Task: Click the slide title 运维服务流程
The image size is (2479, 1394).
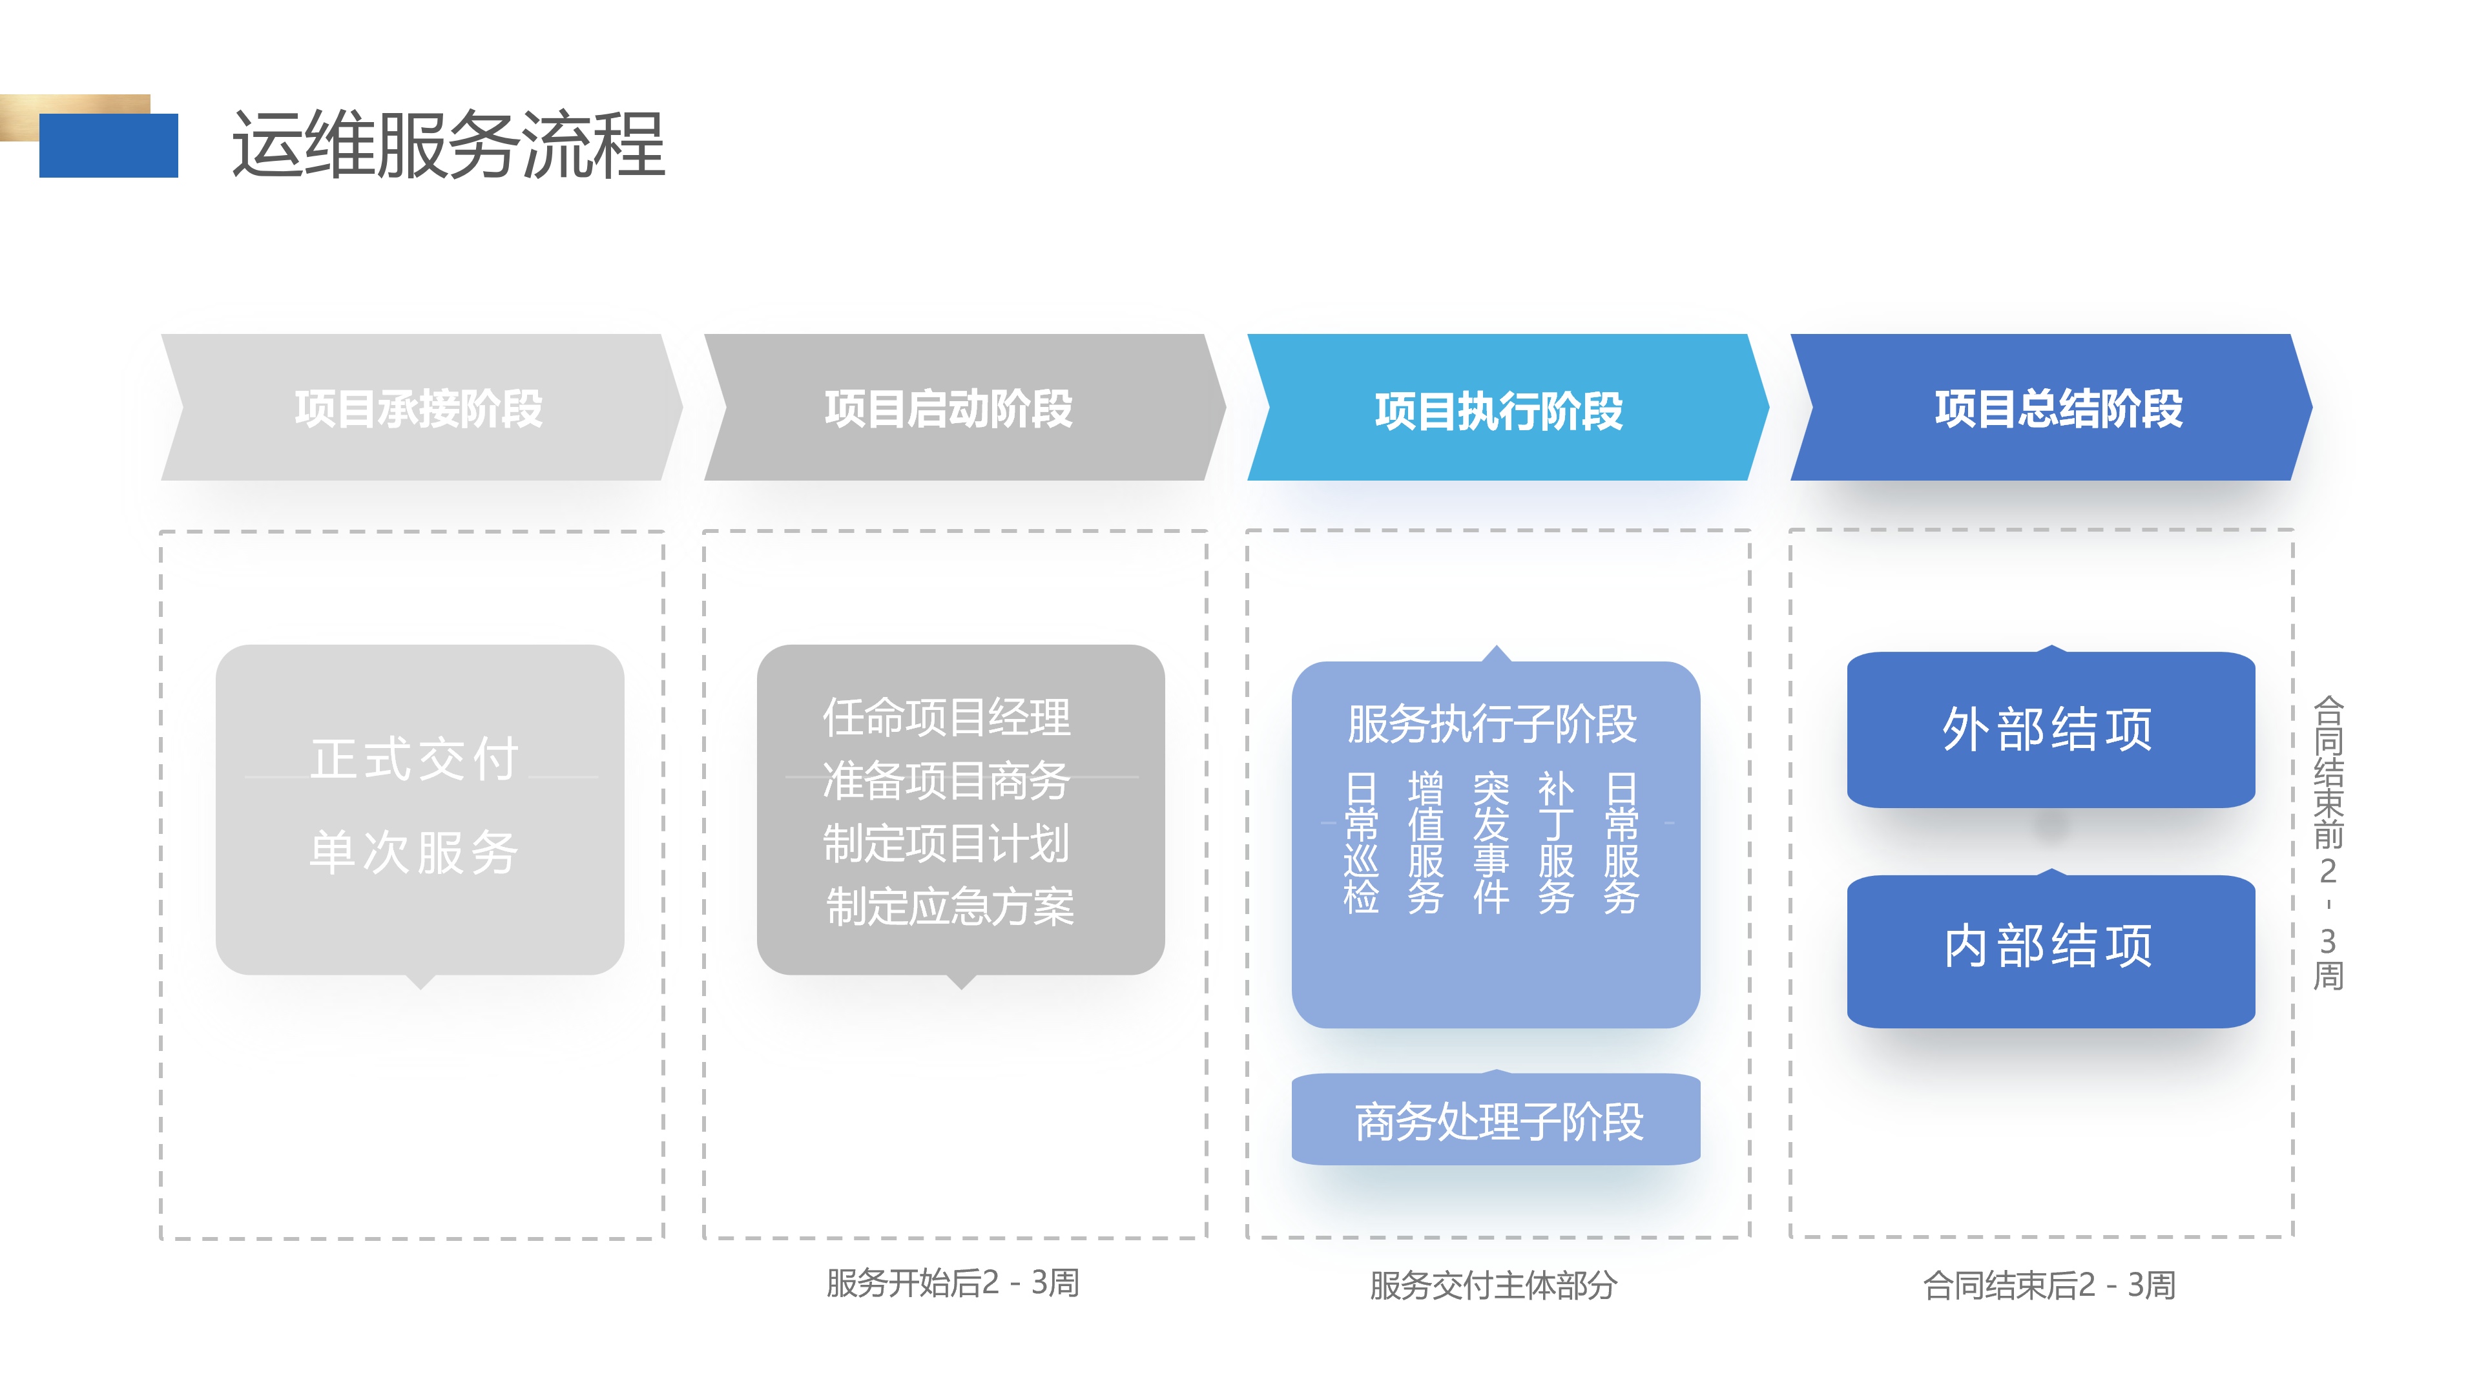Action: (x=448, y=145)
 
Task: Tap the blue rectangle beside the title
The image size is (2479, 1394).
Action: (x=109, y=147)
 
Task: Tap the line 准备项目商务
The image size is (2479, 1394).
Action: (x=947, y=780)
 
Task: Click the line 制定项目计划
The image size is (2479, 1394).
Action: (x=947, y=844)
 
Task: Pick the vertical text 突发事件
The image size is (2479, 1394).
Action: (x=1491, y=842)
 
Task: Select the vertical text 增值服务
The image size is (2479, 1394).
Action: (x=1426, y=842)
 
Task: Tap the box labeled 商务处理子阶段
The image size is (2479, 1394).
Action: (x=1497, y=1121)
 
